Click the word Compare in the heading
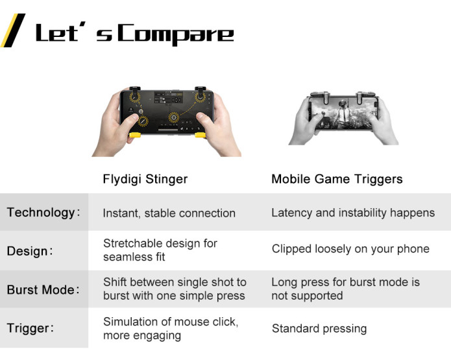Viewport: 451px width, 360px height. (x=176, y=34)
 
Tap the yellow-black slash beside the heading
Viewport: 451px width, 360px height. (x=13, y=30)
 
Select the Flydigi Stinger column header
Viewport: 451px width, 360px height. (x=145, y=179)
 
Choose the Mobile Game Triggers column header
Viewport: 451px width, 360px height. (x=337, y=179)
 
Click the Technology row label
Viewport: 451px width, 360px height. (x=43, y=213)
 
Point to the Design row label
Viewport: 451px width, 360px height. (x=30, y=251)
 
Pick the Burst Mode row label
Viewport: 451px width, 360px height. (x=43, y=289)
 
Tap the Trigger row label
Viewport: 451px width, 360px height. (x=30, y=328)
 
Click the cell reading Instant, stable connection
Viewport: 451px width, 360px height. (x=169, y=213)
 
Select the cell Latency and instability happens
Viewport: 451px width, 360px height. (x=353, y=213)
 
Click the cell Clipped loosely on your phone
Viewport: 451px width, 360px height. (x=350, y=248)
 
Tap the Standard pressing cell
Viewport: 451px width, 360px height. (x=319, y=328)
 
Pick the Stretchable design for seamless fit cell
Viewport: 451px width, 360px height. (x=160, y=250)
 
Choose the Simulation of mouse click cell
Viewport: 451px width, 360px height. (x=171, y=328)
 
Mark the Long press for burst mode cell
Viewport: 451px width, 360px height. (x=345, y=289)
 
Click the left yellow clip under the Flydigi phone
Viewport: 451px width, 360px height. (x=134, y=134)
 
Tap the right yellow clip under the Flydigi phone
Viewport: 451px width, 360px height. (x=201, y=135)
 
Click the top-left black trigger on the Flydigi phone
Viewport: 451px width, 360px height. (x=134, y=89)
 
